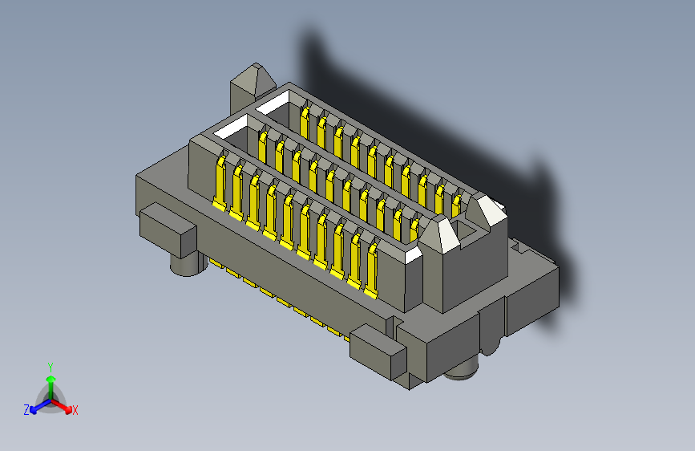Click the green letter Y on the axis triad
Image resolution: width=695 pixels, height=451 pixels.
(50, 366)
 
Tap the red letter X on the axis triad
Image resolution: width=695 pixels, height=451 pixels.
(75, 410)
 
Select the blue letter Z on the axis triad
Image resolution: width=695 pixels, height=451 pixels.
(26, 409)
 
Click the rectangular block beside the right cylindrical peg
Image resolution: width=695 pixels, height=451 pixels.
(378, 351)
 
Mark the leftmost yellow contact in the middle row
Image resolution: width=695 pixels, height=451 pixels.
(263, 148)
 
